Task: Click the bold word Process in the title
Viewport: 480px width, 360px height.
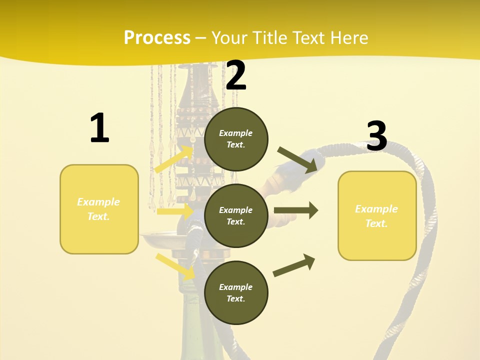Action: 157,38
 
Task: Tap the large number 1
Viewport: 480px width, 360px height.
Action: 99,128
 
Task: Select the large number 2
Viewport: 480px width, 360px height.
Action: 236,75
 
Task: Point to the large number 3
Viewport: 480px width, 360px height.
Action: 376,136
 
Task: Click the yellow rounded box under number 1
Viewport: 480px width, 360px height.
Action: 99,209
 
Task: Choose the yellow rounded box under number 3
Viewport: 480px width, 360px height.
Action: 377,216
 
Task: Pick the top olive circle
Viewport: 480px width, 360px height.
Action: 236,139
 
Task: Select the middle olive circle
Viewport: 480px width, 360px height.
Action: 236,215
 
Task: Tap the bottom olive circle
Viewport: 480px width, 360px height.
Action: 236,292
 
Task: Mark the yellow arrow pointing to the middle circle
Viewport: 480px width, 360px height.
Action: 175,211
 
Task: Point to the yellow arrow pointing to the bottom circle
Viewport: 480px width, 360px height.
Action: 175,266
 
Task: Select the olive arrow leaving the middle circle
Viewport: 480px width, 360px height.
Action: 296,210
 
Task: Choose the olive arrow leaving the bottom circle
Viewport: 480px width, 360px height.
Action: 294,265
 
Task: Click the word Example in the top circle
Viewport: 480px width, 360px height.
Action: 236,133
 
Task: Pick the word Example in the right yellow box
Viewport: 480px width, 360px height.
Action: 376,209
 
